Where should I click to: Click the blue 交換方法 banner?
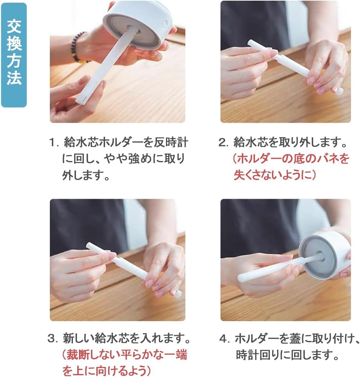pos(14,55)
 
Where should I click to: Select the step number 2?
pos(223,143)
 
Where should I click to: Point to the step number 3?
pos(53,339)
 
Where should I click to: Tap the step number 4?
pos(223,339)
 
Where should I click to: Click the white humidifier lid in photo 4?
pos(324,256)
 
